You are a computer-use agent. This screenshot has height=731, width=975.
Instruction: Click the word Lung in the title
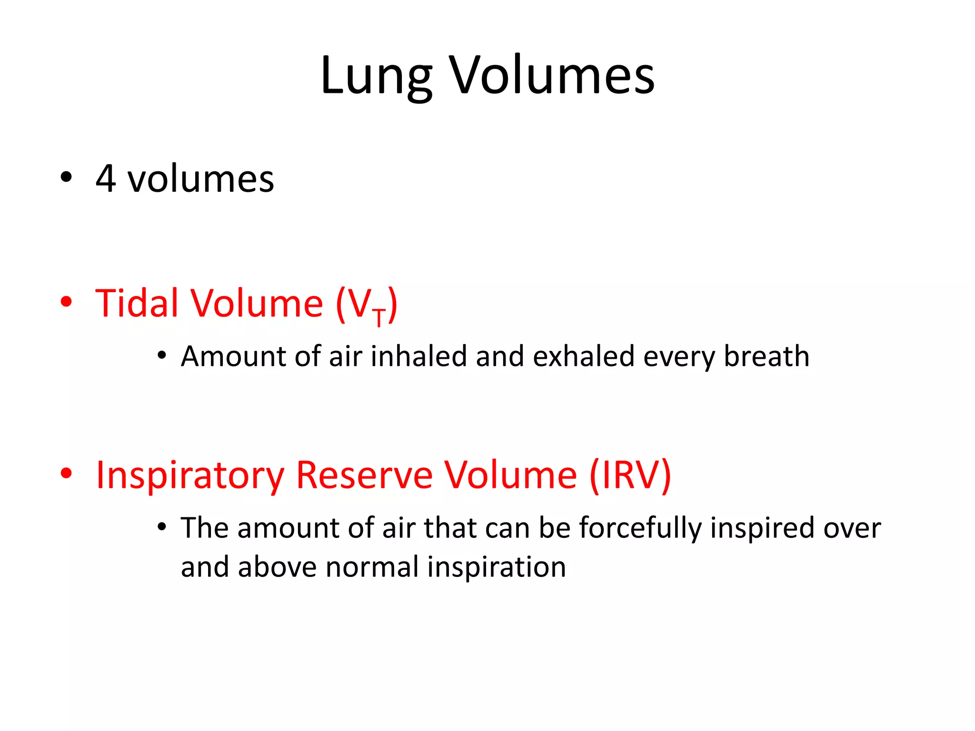tap(376, 76)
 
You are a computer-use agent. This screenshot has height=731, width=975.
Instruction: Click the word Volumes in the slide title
tap(552, 76)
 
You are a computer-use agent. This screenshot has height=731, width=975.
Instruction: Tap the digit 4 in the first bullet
tap(106, 179)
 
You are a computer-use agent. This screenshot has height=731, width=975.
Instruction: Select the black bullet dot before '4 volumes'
tap(66, 178)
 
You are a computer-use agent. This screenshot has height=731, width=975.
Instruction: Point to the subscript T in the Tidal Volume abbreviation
tap(379, 317)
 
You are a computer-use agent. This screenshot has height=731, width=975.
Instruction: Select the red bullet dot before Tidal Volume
tap(66, 302)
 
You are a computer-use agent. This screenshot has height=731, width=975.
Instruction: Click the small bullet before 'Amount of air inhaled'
tap(162, 356)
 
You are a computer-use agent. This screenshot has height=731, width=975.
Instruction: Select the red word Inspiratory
tap(190, 475)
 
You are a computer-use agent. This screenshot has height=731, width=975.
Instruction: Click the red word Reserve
tap(364, 475)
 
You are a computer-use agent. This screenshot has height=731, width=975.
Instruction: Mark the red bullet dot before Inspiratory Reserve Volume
tap(66, 474)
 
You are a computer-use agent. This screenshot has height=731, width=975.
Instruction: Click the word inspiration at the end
tap(497, 567)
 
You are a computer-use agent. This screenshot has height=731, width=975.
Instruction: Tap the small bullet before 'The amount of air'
tap(162, 527)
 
